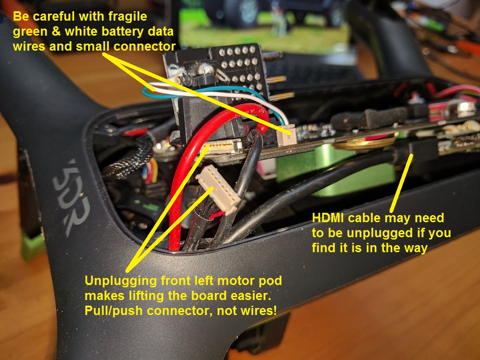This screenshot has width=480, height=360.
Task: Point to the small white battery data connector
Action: [x=287, y=135]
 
